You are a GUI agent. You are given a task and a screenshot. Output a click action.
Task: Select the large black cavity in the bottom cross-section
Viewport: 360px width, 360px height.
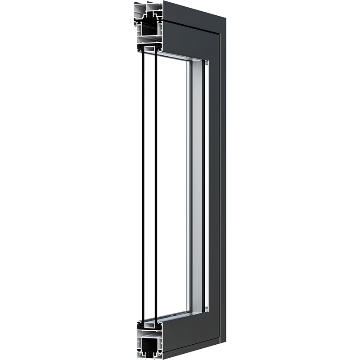(151, 347)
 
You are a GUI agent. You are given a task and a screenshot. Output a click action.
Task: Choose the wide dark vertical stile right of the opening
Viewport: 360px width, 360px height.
(214, 180)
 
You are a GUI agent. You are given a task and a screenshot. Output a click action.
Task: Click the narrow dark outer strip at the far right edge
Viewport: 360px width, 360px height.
(223, 180)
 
